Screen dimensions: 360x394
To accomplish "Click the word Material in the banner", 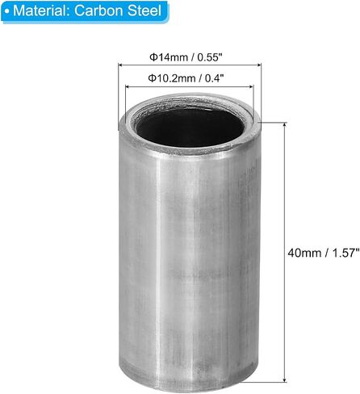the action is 42,10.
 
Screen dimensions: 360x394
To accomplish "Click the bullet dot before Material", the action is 7,11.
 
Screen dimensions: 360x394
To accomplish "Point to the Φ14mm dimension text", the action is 169,57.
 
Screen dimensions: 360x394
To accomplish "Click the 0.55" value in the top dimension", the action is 210,57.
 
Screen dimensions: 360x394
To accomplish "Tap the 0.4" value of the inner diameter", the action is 215,78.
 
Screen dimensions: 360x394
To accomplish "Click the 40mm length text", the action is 304,253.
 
